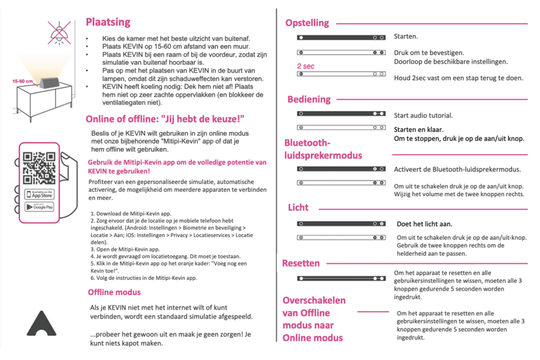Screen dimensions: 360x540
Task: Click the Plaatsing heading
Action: point(108,22)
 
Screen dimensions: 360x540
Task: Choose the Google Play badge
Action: point(40,207)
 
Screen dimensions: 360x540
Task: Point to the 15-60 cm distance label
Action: point(23,82)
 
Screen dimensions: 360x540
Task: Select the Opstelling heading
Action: point(307,23)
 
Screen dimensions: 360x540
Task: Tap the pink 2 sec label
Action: point(306,66)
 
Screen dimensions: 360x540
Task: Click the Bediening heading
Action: point(309,99)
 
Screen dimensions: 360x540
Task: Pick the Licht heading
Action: point(298,207)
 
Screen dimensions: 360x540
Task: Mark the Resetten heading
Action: point(301,263)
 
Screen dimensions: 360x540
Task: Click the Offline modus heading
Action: point(114,292)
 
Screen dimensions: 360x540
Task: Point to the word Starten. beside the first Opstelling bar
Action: point(406,36)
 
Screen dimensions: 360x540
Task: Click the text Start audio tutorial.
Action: point(423,115)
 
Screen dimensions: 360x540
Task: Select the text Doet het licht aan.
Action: point(425,224)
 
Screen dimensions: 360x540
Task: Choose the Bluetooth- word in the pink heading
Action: point(307,143)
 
